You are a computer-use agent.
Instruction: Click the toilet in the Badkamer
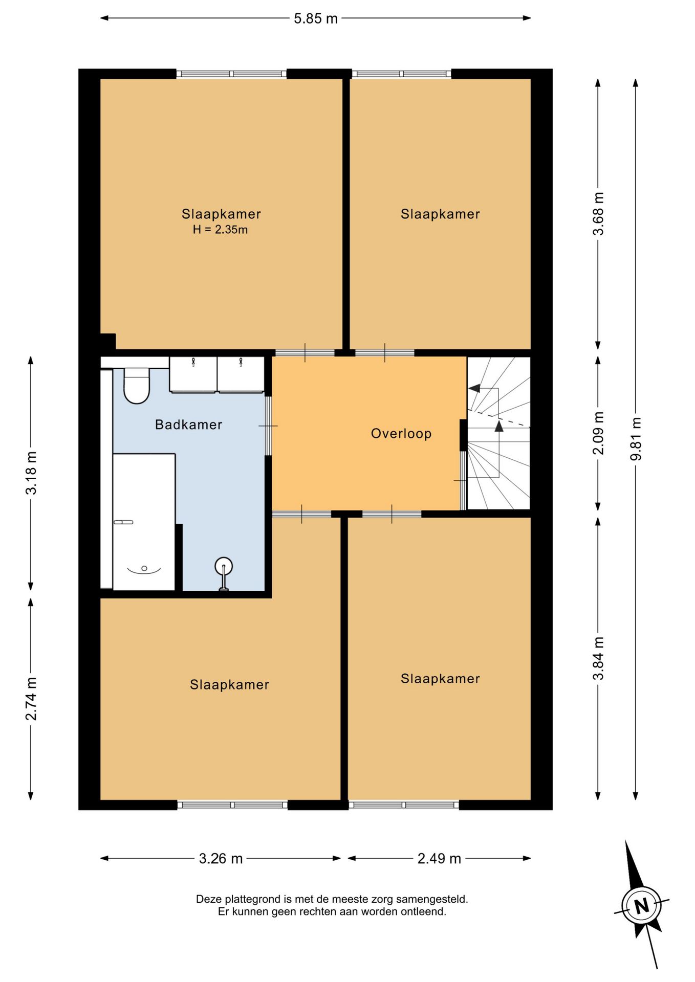(x=137, y=386)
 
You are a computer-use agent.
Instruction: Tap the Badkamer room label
(x=188, y=425)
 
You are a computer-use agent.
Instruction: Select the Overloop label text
(x=401, y=434)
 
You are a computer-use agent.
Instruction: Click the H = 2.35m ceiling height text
(x=220, y=230)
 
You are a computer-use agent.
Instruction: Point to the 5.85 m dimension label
(x=316, y=18)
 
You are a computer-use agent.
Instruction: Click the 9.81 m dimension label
(x=636, y=439)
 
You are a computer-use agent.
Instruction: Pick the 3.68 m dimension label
(x=598, y=214)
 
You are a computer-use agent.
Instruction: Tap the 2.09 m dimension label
(x=598, y=433)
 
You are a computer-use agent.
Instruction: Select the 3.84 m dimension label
(x=598, y=658)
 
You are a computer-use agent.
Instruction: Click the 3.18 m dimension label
(x=31, y=473)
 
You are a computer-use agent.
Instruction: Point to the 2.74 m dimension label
(x=31, y=699)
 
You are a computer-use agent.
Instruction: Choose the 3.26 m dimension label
(x=221, y=858)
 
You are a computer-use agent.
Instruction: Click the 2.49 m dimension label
(x=439, y=858)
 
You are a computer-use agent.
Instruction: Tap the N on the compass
(x=641, y=906)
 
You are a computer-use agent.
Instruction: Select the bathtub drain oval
(x=144, y=568)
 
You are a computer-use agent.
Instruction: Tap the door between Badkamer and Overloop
(x=268, y=426)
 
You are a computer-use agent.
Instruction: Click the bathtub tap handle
(x=123, y=522)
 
